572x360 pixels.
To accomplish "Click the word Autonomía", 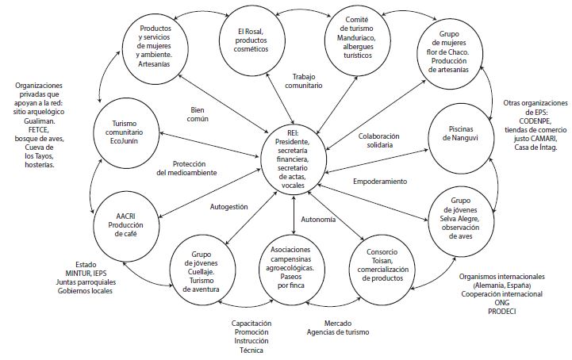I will point(326,218).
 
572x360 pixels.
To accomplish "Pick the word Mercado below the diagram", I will point(343,324).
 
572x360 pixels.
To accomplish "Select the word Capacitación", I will point(251,324).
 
